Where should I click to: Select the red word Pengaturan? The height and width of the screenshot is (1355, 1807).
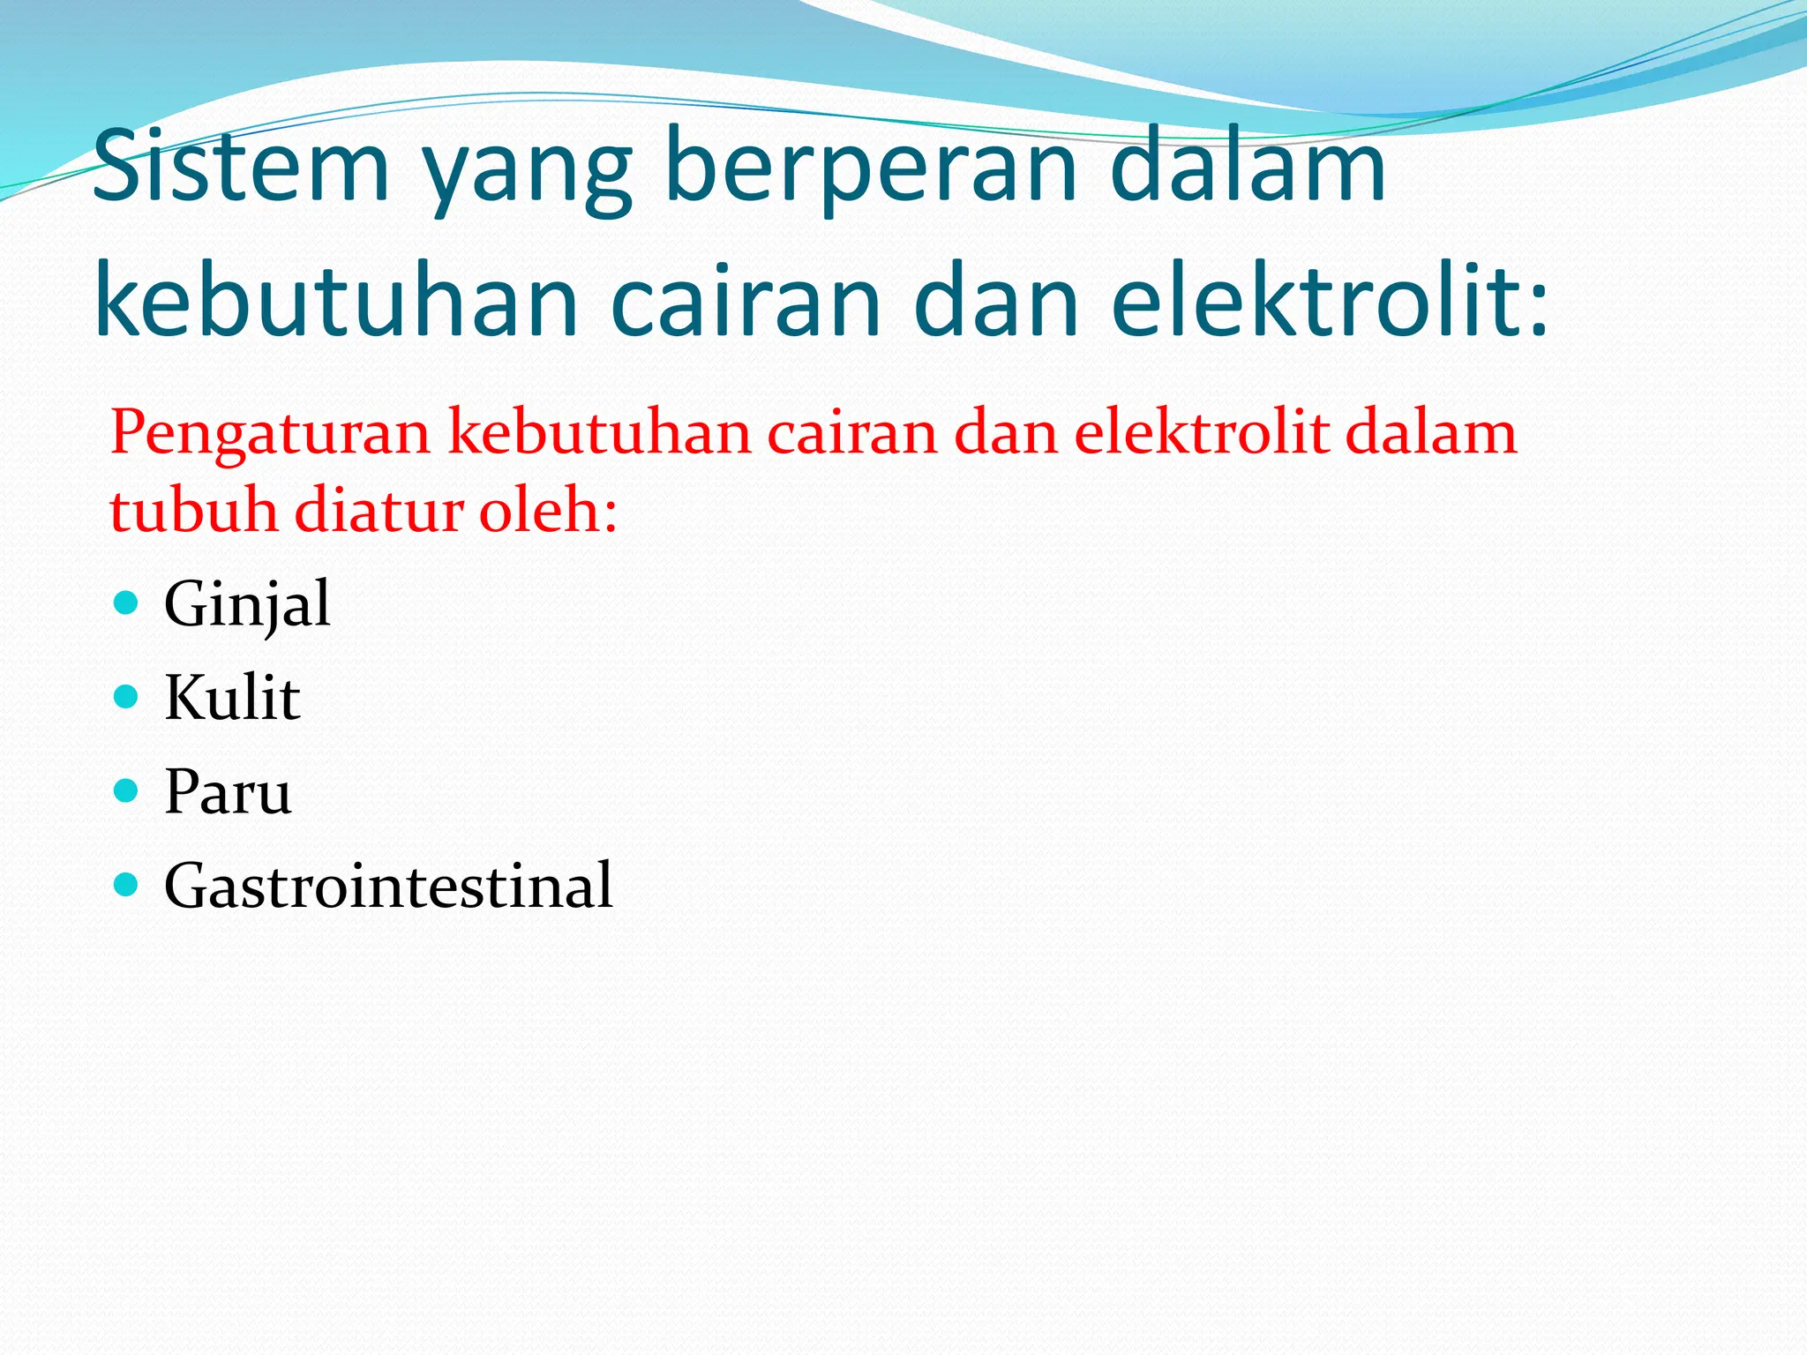click(269, 435)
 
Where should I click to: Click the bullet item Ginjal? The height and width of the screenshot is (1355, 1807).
click(247, 605)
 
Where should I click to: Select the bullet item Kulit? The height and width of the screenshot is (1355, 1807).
click(232, 699)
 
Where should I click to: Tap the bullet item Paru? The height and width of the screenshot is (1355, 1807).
click(228, 792)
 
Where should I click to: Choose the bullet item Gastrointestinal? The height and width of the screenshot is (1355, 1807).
click(388, 886)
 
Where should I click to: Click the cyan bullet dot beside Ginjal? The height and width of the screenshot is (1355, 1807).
click(127, 603)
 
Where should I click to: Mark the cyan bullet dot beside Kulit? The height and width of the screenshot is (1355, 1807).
click(127, 697)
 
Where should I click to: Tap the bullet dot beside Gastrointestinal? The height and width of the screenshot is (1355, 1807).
click(127, 884)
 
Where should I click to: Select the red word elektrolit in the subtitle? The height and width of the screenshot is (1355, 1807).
click(1201, 433)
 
